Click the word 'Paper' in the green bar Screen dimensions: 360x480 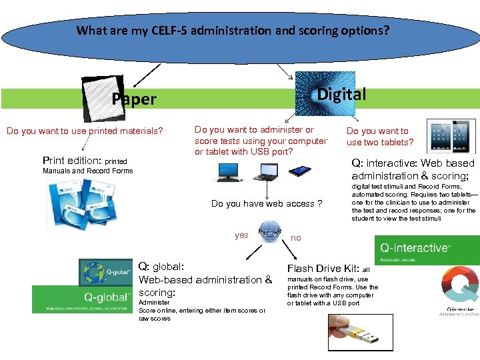134,99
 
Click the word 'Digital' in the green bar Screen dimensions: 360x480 341,95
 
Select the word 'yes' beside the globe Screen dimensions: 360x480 241,235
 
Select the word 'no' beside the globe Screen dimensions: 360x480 296,237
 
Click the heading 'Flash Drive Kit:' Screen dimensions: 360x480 323,268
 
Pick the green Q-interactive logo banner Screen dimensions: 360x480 426,249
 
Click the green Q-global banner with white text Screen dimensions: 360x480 83,299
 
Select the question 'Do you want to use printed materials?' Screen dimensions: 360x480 85,131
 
